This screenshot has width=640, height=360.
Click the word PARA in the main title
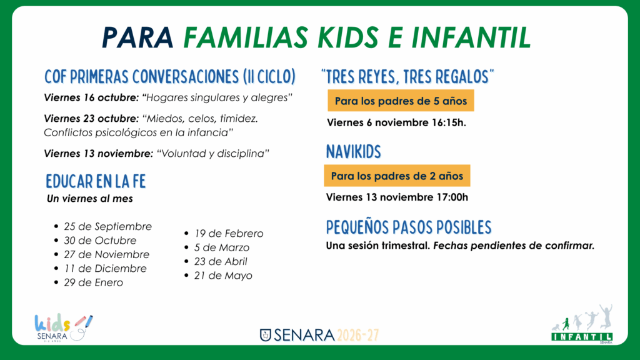[x=138, y=37]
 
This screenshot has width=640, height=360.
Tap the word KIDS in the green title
[x=348, y=37]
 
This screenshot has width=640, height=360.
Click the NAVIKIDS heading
[x=354, y=152]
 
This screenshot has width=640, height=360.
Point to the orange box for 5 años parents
[x=401, y=101]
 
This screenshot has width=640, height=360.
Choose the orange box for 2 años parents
[x=397, y=176]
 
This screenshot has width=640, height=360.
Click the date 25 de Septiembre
[x=107, y=226]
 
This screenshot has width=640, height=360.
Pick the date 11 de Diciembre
[x=105, y=269]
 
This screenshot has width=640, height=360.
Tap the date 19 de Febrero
[x=229, y=234]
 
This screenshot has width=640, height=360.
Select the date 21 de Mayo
[x=223, y=276]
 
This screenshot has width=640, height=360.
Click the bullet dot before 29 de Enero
[x=56, y=282]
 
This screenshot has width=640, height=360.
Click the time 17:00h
[x=452, y=197]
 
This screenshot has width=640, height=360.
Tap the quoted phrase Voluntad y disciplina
[x=213, y=154]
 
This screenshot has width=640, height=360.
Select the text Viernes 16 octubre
[x=92, y=98]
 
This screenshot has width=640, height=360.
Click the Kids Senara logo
[x=63, y=327]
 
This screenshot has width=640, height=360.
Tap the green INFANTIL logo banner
[x=582, y=337]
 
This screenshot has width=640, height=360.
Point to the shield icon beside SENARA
[x=265, y=335]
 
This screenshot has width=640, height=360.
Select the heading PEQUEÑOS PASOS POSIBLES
[x=409, y=227]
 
